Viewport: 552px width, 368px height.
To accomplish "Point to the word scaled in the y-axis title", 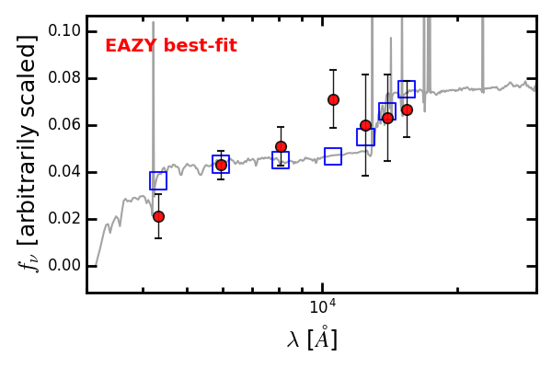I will click(x=29, y=69).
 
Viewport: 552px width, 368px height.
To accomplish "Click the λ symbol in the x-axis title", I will click(x=294, y=339).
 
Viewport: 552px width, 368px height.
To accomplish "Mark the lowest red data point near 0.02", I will click(x=158, y=216).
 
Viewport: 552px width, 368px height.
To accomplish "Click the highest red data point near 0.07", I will click(x=333, y=99).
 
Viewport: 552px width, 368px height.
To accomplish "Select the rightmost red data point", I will click(x=407, y=109).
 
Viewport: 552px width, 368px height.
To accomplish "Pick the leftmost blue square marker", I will click(x=158, y=180).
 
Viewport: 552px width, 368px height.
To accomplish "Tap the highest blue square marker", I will click(x=407, y=89).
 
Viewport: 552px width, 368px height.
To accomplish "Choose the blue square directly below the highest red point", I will click(x=333, y=156).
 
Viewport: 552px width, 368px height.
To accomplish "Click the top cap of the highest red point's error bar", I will click(x=333, y=70).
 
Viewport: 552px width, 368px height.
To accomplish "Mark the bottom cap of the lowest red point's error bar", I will click(x=158, y=238).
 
